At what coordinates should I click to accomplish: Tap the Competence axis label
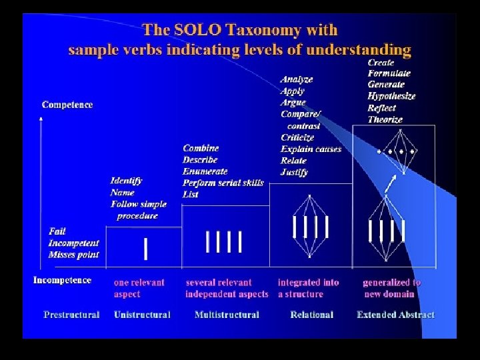click(x=67, y=105)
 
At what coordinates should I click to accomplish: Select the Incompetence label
click(x=62, y=280)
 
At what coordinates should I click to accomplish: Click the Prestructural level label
click(x=71, y=315)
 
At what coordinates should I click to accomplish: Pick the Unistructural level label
click(x=142, y=315)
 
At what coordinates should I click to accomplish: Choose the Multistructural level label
click(x=227, y=315)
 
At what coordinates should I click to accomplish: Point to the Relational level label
click(x=311, y=315)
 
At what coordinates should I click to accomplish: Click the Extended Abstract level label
click(x=395, y=315)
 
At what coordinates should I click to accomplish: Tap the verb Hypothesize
click(x=391, y=96)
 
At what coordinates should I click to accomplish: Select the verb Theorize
click(x=385, y=119)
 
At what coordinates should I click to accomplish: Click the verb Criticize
click(x=297, y=137)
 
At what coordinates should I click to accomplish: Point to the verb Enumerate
click(x=205, y=171)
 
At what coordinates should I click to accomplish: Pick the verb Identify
click(x=127, y=181)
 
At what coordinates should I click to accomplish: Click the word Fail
click(x=57, y=231)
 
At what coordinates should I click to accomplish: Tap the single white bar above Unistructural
click(x=146, y=249)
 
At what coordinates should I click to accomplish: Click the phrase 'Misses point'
click(x=73, y=255)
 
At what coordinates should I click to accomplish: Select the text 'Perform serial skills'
click(x=223, y=183)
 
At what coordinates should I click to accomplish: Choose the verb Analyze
click(x=297, y=79)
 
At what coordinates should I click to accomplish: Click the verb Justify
click(x=294, y=172)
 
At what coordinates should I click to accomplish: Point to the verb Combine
click(x=201, y=148)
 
